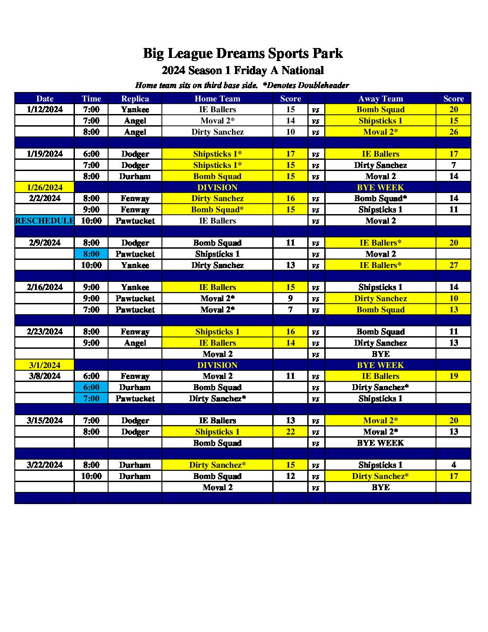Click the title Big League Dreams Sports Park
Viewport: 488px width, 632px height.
tap(243, 53)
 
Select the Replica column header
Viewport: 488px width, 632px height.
tap(135, 99)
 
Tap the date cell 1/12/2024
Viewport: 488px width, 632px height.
tap(44, 110)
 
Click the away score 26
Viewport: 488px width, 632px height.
tap(453, 132)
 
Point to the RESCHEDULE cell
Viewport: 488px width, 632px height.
tap(44, 221)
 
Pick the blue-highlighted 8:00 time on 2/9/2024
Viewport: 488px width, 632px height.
tap(91, 254)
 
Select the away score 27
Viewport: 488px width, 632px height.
tap(453, 265)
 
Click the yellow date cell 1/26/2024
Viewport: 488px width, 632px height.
tap(44, 188)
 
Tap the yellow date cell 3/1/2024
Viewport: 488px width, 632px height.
tap(44, 365)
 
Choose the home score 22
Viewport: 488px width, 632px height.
tap(290, 432)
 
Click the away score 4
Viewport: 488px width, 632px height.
tap(453, 465)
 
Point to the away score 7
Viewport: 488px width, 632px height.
tap(453, 165)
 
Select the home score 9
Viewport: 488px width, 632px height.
tap(290, 298)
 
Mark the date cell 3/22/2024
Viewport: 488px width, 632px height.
tap(44, 465)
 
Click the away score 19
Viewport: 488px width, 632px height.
tap(453, 376)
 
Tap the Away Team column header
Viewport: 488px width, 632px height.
tap(380, 99)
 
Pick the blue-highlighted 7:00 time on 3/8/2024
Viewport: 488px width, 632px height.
tap(91, 399)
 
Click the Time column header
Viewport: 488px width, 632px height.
tap(91, 99)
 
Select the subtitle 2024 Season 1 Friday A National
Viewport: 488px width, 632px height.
tap(243, 70)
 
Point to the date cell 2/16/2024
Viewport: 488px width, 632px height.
tap(44, 287)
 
